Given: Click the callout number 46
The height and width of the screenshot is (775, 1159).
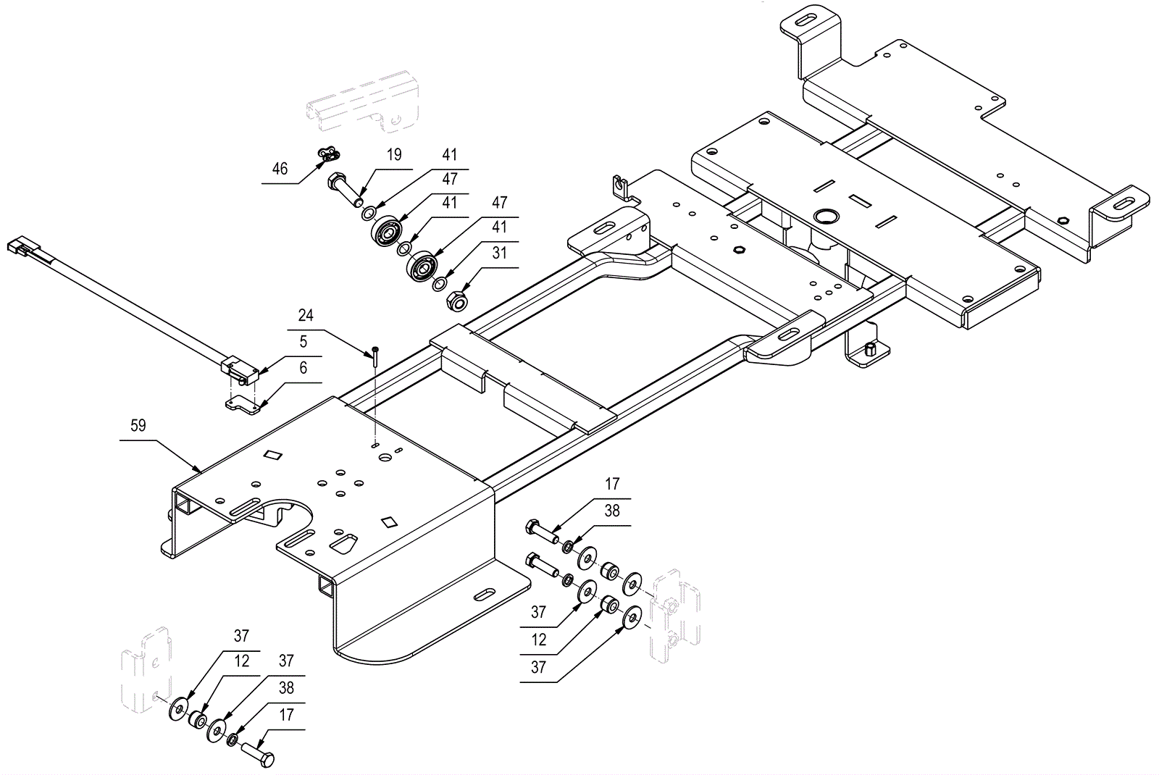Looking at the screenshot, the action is pos(280,169).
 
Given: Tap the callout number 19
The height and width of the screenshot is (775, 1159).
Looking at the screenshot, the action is pos(394,155).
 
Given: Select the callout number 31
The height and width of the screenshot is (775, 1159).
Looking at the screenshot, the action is pos(499,253).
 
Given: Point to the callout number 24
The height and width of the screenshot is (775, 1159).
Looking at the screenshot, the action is pos(306,315).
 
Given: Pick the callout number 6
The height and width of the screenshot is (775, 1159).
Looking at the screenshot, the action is pos(304,368).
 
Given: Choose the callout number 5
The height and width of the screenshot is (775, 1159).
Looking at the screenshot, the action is pos(304,341).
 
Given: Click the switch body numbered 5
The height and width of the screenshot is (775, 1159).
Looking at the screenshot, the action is pos(240,372).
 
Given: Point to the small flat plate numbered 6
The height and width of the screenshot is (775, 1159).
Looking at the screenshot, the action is pos(242,406).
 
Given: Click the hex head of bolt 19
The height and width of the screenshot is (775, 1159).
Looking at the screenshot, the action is pos(335,181).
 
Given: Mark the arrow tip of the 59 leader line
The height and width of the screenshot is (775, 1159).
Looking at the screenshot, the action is pos(201,472).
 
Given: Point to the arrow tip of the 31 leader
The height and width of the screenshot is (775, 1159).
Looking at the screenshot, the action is pos(463,293).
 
